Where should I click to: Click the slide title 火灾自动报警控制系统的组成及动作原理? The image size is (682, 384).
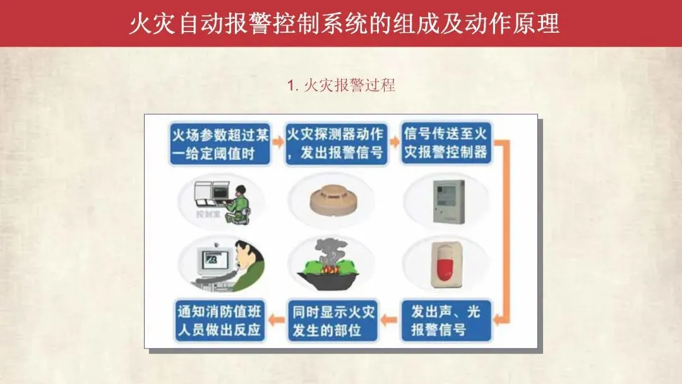pos(344,23)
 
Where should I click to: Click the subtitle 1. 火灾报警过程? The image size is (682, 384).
pos(341,85)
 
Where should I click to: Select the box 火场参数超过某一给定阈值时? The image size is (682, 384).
pos(220,144)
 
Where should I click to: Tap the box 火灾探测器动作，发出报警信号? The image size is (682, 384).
pos(336,144)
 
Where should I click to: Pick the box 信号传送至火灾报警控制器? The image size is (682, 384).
pos(446,143)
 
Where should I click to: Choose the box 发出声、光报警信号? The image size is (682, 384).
pos(446,320)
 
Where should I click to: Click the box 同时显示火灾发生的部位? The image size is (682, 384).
pos(333,321)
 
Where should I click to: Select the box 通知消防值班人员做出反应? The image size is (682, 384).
pos(220,320)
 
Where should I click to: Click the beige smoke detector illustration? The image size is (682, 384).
pos(333,200)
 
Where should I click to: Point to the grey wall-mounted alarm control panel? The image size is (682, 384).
pos(448,201)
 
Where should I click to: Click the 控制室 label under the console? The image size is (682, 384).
pos(208,214)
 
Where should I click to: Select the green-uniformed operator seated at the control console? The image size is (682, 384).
pos(237,205)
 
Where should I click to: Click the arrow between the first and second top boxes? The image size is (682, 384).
pos(277,141)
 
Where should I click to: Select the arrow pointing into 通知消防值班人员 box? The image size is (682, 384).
pos(277,320)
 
